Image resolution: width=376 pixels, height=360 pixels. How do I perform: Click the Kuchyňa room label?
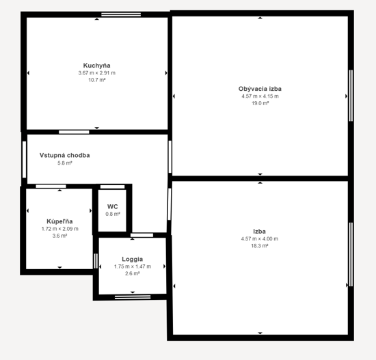pos(96,66)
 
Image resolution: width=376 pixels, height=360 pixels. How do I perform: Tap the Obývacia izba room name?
pos(260,89)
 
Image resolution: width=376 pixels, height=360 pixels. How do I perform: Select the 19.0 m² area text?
pos(260,103)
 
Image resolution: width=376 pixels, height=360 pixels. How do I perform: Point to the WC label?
pos(113,206)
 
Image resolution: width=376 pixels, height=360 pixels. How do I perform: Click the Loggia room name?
pos(133,259)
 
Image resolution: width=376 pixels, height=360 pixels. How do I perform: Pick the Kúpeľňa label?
pos(59,221)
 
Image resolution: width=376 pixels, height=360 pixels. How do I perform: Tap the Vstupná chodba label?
pos(65,155)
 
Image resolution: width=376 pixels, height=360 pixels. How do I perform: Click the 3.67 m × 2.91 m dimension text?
pos(96,73)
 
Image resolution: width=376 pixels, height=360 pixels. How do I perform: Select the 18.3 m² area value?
pos(260,246)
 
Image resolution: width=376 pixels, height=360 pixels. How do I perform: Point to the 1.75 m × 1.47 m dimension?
pos(133,266)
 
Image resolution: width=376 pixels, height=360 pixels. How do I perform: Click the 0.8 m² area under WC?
pos(113,214)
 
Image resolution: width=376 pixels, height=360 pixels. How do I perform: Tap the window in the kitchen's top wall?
pos(121,14)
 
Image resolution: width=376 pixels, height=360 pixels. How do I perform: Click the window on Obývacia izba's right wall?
pos(351,96)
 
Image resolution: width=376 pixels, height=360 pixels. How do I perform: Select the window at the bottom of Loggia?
pos(133,297)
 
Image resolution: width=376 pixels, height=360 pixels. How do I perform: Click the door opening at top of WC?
pos(113,186)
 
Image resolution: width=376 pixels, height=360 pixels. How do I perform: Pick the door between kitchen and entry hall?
pos(74,132)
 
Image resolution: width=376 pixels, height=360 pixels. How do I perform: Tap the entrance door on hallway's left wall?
pos(24,159)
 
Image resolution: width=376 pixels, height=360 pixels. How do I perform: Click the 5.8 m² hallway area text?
pos(65,163)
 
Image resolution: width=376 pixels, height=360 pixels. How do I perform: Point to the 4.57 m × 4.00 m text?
pos(260,238)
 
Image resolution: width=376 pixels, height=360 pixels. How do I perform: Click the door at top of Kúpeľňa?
pos(51,186)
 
